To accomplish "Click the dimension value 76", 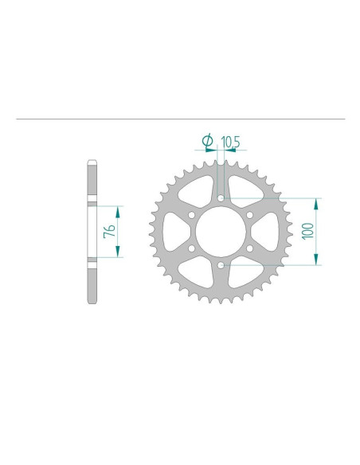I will [110, 232].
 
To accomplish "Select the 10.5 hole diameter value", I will [230, 143].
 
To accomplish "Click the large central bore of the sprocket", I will [221, 232].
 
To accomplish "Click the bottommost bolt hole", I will [221, 265].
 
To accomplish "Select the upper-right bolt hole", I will [249, 215].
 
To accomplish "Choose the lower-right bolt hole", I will [249, 248].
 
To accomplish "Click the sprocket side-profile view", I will [92, 232].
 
